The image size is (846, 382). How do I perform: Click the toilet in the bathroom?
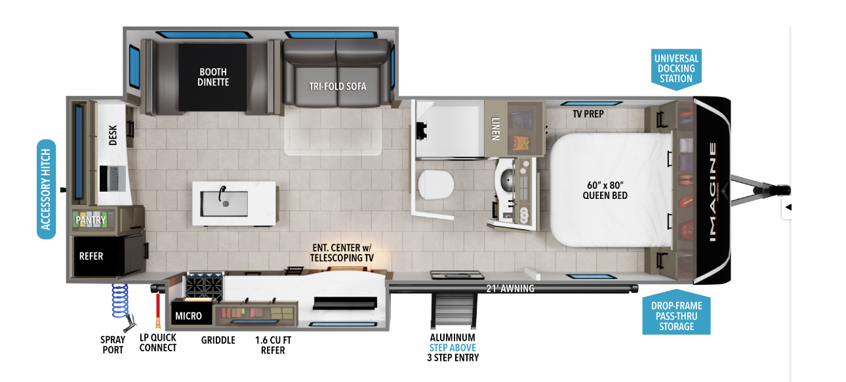tap(436, 185)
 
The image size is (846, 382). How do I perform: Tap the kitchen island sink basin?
tap(224, 203)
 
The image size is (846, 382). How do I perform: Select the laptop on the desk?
tap(112, 179)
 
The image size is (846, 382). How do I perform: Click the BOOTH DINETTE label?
tap(213, 77)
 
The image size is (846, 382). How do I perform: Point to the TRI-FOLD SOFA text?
tap(338, 87)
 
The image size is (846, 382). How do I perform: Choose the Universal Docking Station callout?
tap(676, 69)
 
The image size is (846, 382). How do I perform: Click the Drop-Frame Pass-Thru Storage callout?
tap(676, 313)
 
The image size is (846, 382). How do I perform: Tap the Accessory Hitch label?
tap(46, 189)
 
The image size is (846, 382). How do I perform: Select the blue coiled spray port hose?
tap(120, 301)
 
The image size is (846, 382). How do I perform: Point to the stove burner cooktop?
tap(205, 286)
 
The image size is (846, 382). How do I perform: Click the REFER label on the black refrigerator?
tap(91, 256)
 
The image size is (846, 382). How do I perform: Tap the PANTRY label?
tap(91, 220)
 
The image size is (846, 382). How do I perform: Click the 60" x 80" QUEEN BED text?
tap(605, 190)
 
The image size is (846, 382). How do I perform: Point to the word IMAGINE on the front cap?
tap(712, 192)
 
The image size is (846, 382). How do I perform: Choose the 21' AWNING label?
tap(510, 289)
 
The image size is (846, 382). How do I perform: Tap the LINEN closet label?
tap(496, 129)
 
